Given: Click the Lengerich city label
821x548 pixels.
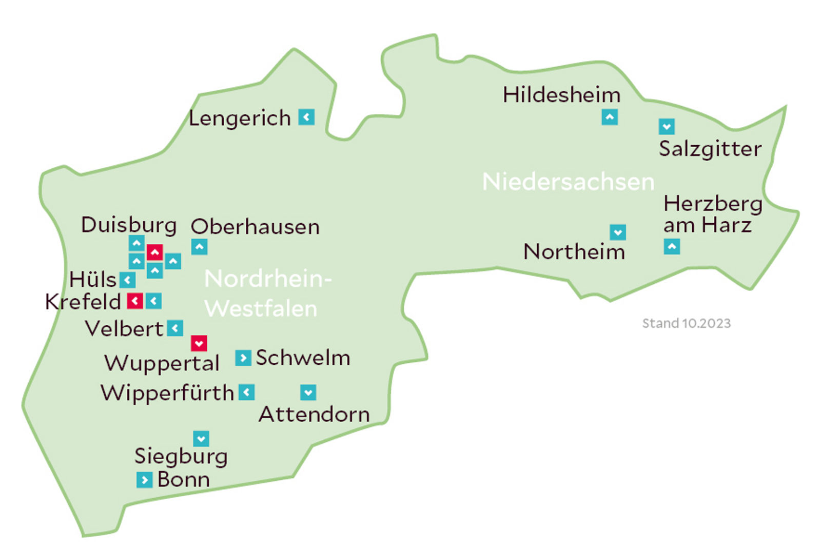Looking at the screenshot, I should point(240,119).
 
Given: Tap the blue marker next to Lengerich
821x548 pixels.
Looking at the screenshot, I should point(307,117).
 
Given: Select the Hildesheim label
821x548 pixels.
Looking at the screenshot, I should point(561,95).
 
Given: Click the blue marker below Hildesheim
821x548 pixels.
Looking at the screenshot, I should point(610,117).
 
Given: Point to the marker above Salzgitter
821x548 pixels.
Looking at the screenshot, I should point(667,126).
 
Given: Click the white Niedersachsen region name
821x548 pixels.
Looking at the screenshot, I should point(568,182).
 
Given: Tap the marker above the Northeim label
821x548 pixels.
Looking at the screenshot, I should point(618,232).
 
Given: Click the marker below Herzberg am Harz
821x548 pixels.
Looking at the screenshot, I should point(672,247).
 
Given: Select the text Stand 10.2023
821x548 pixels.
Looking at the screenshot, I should point(686,323).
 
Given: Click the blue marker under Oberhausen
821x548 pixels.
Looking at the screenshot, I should point(200,247).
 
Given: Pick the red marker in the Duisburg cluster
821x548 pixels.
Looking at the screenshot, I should point(155,252).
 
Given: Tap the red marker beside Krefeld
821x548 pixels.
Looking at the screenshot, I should point(135,301).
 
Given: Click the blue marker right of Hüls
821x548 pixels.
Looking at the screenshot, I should point(127,280).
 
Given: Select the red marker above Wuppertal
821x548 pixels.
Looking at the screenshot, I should point(199,343).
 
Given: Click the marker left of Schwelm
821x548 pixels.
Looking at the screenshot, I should point(243,358).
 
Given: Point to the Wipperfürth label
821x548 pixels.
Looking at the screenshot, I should point(167,393).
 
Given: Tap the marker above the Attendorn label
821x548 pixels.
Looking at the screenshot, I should point(308,393).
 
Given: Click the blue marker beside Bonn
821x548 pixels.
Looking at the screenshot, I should point(145,480).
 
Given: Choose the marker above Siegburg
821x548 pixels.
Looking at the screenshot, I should point(201,439).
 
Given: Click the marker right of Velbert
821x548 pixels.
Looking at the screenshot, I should point(175,328).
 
